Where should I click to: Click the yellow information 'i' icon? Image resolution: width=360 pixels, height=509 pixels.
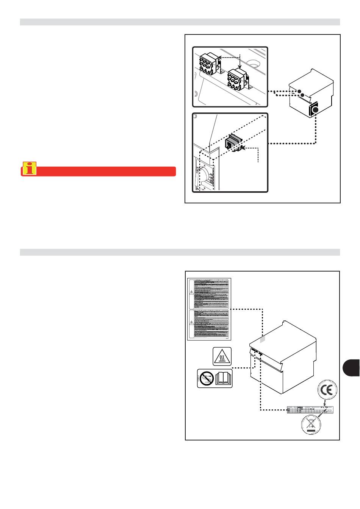point(29,169)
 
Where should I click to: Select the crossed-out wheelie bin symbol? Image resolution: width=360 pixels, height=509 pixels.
point(311,425)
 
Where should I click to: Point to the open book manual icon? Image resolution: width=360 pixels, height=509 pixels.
point(223,378)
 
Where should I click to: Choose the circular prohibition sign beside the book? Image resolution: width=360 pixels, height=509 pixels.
point(206,378)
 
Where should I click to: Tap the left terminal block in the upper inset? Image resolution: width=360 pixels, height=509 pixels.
point(208,64)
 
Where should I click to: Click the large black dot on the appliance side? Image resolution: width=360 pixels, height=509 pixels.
point(316,110)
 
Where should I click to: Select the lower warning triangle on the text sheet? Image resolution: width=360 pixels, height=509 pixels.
point(191,323)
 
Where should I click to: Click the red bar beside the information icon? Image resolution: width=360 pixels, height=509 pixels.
point(106,171)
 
